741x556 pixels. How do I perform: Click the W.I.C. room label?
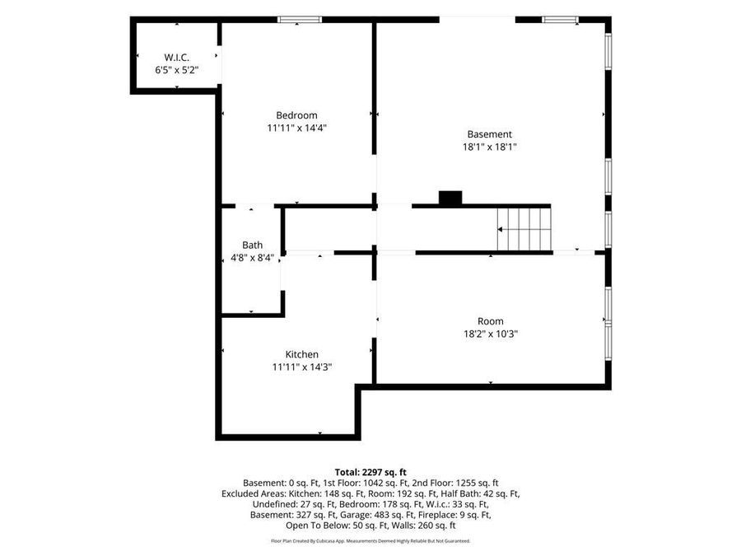pyautogui.click(x=177, y=58)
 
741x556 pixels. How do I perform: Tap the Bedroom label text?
pyautogui.click(x=296, y=115)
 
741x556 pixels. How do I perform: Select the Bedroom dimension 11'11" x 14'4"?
pyautogui.click(x=296, y=128)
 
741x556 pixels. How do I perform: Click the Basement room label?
pyautogui.click(x=490, y=134)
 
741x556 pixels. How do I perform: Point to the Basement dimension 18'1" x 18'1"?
pyautogui.click(x=490, y=147)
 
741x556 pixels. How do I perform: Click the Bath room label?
pyautogui.click(x=253, y=245)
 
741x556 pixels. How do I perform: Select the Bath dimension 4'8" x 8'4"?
pyautogui.click(x=253, y=258)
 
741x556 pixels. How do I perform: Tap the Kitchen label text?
pyautogui.click(x=302, y=354)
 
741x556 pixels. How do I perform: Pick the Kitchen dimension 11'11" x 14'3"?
pyautogui.click(x=302, y=367)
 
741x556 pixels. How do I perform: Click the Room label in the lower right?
pyautogui.click(x=491, y=321)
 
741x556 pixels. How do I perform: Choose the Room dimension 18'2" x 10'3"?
pyautogui.click(x=491, y=334)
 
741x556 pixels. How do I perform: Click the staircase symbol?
pyautogui.click(x=524, y=230)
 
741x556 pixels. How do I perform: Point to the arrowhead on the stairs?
pyautogui.click(x=500, y=230)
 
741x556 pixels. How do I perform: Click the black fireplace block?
pyautogui.click(x=450, y=198)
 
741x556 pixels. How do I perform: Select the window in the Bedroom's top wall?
pyautogui.click(x=300, y=20)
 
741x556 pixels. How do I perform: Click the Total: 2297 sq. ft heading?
pyautogui.click(x=370, y=472)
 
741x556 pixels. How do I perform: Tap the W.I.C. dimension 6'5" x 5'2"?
pyautogui.click(x=177, y=70)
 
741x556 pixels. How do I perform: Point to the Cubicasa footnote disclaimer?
pyautogui.click(x=370, y=541)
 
